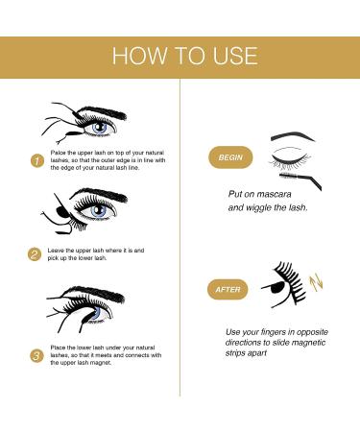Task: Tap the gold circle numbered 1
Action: tap(36, 161)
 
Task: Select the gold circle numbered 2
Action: tap(36, 254)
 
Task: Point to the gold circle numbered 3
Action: tap(36, 355)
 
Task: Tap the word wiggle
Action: tap(262, 206)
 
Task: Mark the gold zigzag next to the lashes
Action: tap(321, 284)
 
